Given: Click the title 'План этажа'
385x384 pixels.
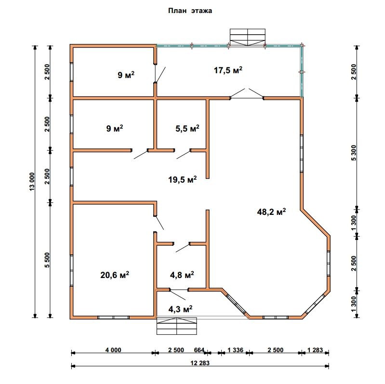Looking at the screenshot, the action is (190, 11).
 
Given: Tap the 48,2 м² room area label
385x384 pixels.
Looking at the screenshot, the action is (271, 212).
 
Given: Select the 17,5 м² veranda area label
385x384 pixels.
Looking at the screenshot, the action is (228, 70).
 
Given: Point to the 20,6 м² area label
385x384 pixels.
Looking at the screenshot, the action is (115, 275).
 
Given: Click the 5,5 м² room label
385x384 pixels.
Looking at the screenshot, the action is (187, 128).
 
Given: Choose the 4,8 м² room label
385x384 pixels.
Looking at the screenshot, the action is (182, 275).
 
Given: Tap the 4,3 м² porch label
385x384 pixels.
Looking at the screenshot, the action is (181, 309).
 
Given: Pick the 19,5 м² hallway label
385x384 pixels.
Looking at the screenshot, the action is (183, 180).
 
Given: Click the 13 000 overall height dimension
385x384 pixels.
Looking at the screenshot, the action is (32, 182).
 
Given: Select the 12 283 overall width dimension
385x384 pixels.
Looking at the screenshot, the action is (200, 363).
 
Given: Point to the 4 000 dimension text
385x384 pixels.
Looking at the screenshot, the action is (113, 350).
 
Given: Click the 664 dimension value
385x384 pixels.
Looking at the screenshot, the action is (199, 350).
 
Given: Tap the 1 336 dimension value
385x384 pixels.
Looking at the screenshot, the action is (235, 350).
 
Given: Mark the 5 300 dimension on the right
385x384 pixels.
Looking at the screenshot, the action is (354, 153).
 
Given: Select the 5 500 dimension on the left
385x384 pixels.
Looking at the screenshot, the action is (47, 260).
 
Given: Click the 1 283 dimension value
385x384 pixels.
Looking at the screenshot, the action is (315, 350).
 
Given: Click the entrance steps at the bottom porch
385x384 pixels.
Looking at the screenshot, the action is (177, 326).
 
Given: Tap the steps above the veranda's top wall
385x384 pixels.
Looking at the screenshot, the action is (248, 37).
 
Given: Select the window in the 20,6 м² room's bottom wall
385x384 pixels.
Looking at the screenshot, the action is (113, 317).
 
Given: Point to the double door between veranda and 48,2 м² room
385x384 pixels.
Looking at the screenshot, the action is (247, 94).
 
